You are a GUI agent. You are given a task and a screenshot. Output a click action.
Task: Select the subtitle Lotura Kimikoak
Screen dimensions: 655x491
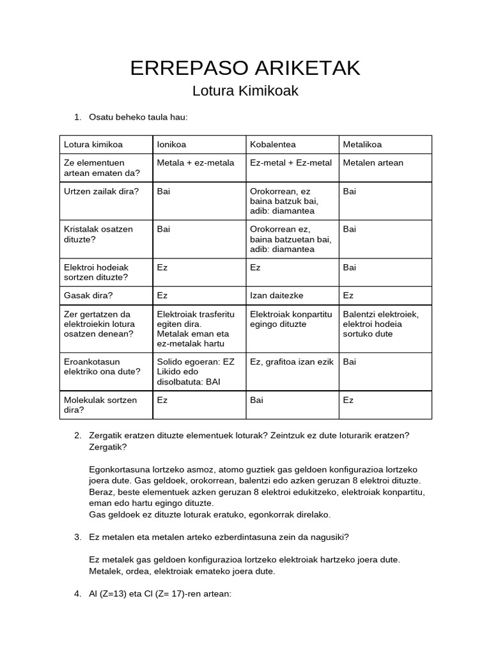tap(245, 91)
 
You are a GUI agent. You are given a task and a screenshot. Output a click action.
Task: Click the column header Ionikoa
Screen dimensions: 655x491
tap(172, 145)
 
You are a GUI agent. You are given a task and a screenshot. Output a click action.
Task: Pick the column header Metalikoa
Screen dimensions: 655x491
tap(362, 145)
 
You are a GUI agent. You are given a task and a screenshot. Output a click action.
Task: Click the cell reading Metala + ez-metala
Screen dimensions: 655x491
tap(196, 162)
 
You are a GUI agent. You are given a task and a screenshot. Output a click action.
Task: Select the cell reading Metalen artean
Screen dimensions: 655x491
tap(373, 162)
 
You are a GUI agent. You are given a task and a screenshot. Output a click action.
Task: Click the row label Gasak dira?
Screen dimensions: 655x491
tap(89, 296)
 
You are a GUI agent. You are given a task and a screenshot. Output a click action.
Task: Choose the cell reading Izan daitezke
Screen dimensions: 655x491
tap(277, 296)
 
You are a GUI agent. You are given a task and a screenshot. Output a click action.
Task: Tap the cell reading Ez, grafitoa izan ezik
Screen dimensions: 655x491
tap(292, 361)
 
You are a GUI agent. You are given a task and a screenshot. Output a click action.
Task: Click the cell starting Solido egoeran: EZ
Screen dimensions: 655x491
tap(196, 361)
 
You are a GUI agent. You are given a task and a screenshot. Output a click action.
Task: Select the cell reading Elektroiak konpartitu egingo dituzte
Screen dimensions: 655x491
tap(291, 319)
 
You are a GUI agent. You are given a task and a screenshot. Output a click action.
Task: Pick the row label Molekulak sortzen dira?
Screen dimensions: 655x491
tap(100, 405)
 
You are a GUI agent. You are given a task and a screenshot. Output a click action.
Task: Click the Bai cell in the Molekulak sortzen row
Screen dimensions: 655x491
tap(256, 400)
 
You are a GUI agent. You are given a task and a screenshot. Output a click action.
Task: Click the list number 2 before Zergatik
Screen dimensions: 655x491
tap(77, 436)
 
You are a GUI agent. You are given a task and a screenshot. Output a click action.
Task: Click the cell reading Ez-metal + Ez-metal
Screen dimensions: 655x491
tap(291, 162)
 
